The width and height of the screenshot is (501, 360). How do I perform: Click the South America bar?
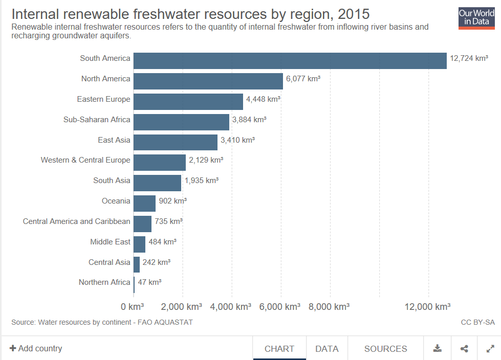pyautogui.click(x=290, y=61)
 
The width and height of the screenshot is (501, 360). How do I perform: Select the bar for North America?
pyautogui.click(x=208, y=81)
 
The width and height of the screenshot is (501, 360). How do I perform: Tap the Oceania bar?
pyautogui.click(x=144, y=204)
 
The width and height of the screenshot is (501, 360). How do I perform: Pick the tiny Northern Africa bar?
pyautogui.click(x=134, y=285)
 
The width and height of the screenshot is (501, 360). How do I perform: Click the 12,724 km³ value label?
pyautogui.click(x=469, y=58)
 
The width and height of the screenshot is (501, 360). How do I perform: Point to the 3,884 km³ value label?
pyautogui.click(x=249, y=120)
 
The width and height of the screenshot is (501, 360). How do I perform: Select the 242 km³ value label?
pyautogui.click(x=156, y=262)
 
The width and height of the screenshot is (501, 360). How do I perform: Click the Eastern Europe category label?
pyautogui.click(x=103, y=99)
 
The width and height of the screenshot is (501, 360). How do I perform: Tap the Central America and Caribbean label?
pyautogui.click(x=76, y=221)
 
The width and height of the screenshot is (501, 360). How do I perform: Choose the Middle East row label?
pyautogui.click(x=110, y=241)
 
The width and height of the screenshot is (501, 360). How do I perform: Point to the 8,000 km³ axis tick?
pyautogui.click(x=329, y=307)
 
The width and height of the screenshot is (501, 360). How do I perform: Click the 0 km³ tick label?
pyautogui.click(x=132, y=307)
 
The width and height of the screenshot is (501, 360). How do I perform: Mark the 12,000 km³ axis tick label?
pyautogui.click(x=427, y=307)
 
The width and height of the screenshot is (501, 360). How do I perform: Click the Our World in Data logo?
pyautogui.click(x=476, y=18)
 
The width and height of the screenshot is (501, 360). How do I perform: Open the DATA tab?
pyautogui.click(x=327, y=349)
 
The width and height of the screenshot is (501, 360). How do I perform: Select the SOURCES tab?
pyautogui.click(x=386, y=349)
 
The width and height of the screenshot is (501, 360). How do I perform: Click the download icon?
pyautogui.click(x=438, y=349)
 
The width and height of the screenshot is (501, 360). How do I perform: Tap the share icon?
pyautogui.click(x=464, y=349)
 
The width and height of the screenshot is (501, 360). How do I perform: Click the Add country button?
pyautogui.click(x=36, y=348)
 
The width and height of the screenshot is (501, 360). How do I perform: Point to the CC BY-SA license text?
pyautogui.click(x=477, y=322)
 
